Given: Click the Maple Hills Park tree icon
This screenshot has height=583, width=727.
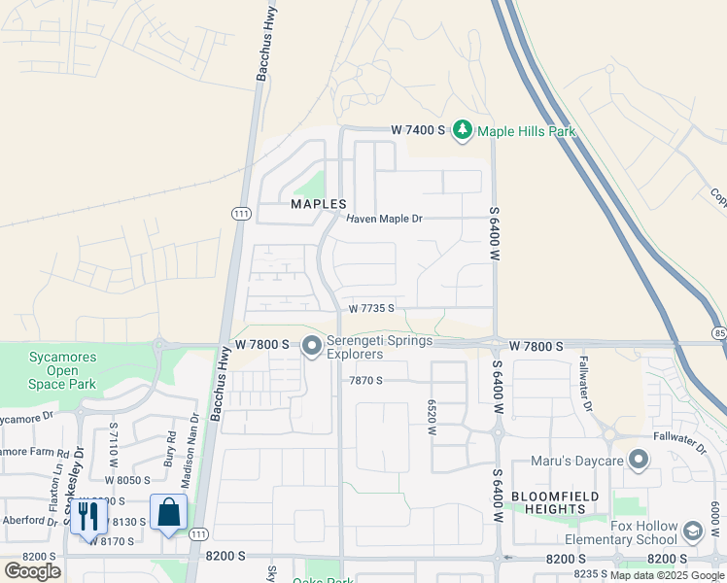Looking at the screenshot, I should (463, 130).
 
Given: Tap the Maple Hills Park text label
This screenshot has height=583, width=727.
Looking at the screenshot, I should (526, 131).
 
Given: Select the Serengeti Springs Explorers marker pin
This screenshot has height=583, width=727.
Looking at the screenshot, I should (312, 346).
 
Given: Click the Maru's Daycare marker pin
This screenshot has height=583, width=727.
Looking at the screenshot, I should (639, 459).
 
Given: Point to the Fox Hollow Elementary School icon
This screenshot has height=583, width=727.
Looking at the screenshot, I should (692, 532).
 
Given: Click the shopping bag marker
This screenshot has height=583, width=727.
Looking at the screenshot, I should (168, 513).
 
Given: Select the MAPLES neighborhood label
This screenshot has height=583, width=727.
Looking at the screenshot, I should (319, 204).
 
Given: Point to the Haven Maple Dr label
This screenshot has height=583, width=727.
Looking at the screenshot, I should (386, 219).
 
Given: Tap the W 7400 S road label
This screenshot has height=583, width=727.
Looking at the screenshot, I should (418, 130).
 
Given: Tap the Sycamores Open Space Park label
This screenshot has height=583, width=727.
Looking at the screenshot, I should (62, 370).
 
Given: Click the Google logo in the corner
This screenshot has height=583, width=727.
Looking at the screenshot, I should (32, 570).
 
